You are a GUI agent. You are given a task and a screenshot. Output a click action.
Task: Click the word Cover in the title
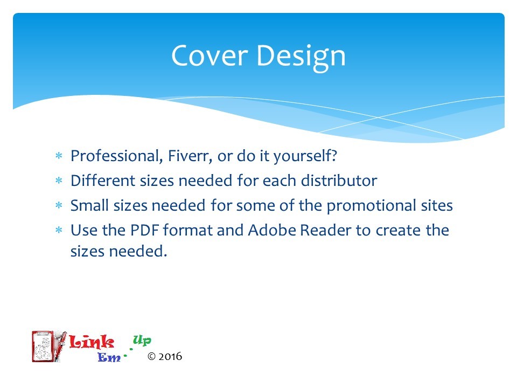coord(209,56)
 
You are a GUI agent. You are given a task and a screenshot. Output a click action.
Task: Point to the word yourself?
coord(305,156)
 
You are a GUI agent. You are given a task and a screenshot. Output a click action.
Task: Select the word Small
coord(89,205)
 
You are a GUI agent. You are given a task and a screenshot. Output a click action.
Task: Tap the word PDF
coord(145,230)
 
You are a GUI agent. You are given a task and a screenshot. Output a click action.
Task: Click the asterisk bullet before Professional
coord(59,155)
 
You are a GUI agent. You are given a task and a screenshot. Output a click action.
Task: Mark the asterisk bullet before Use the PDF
coord(59,230)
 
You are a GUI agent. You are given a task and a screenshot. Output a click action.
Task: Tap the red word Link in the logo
coord(92,342)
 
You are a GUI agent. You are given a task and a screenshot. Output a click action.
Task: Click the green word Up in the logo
coord(142,340)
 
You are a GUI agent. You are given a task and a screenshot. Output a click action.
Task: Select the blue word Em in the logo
coord(109,357)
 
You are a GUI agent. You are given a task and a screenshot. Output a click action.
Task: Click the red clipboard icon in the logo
coord(43,347)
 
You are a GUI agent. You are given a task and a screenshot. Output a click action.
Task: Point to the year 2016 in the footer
coord(170,356)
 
